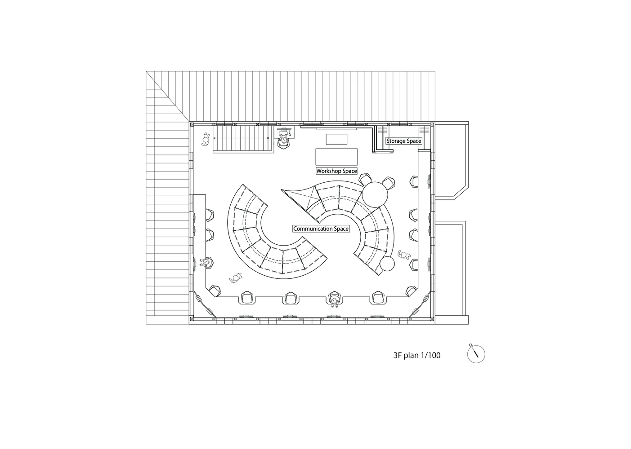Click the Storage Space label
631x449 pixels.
[x=404, y=141]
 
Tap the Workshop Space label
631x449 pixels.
[x=336, y=171]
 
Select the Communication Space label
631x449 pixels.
[x=321, y=229]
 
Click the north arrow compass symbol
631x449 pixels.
[x=476, y=354]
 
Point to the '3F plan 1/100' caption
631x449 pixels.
[x=416, y=355]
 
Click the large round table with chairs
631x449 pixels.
[x=375, y=194]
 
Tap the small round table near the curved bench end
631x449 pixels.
[x=387, y=264]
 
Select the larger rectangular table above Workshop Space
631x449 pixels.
[x=336, y=157]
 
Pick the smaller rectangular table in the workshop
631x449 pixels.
[x=336, y=139]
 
